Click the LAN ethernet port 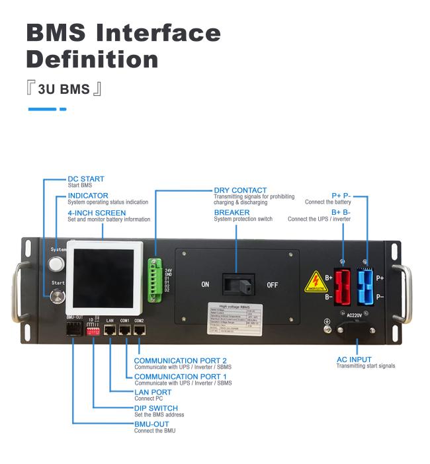click(110, 329)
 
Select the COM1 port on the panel click(124, 329)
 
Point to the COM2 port click(139, 329)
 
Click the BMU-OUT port click(73, 329)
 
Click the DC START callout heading click(86, 179)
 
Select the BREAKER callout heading click(232, 213)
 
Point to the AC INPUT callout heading click(354, 360)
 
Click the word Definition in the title click(92, 59)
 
